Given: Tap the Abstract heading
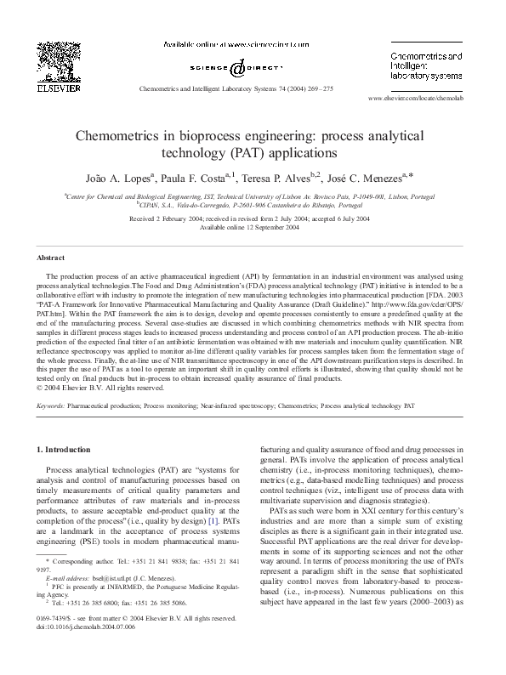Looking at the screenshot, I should pos(50,257).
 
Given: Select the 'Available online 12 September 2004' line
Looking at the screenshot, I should pos(253,227).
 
